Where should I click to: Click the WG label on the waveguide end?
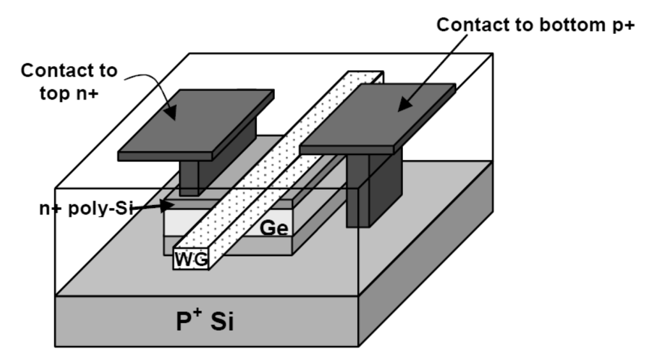pos(190,259)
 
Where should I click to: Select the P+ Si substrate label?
pos(204,320)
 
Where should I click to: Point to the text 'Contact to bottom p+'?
pos(537,26)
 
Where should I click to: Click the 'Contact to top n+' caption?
pos(69,80)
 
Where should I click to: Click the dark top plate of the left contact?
pos(198,124)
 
